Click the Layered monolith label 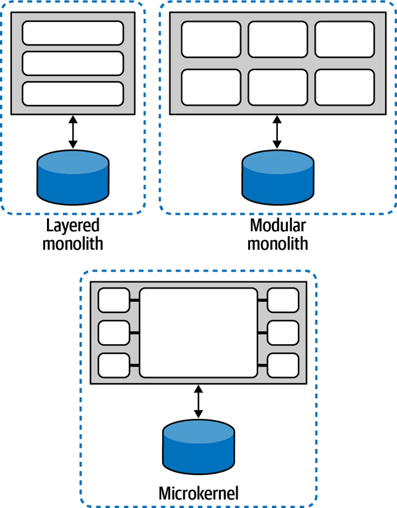coord(73,234)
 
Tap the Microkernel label coord(198,493)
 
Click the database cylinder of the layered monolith coord(73,177)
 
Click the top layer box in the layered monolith coord(73,32)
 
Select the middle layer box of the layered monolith coord(73,63)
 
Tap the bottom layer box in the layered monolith coord(73,93)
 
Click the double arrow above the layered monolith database coord(73,132)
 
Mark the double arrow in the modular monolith coord(277,132)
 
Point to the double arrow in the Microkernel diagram coord(198,402)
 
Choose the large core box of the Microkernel coord(198,332)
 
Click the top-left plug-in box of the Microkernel coord(114,301)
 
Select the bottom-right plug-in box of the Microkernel coord(283,364)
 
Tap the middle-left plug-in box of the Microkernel coord(114,332)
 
